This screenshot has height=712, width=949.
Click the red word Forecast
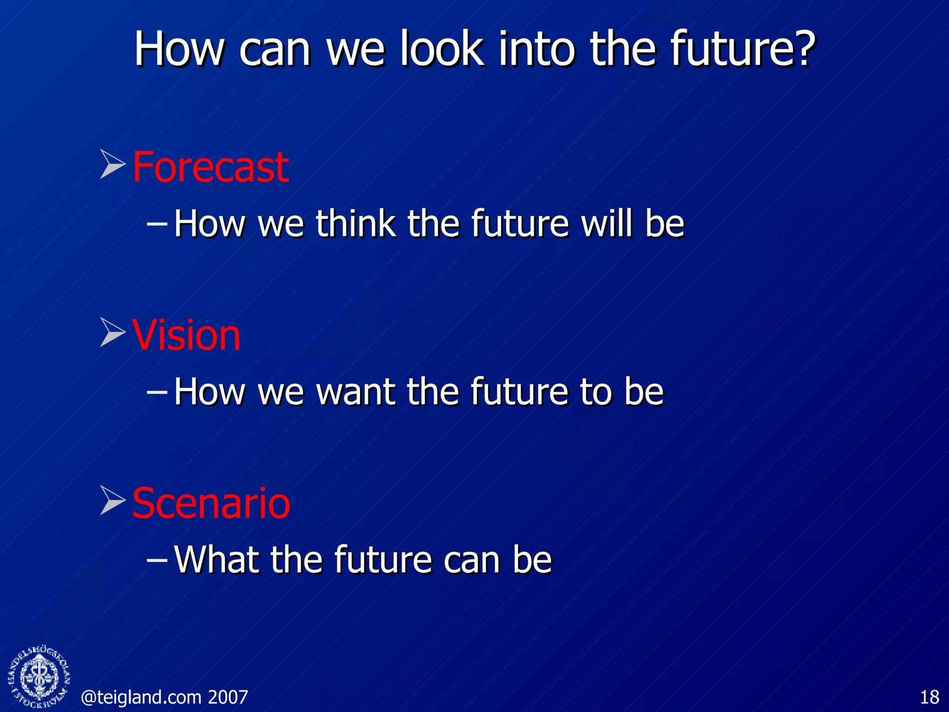[x=211, y=167]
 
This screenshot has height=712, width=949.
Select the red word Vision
[x=186, y=336]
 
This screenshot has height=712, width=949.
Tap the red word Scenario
[x=211, y=503]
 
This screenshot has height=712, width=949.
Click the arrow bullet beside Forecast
[x=113, y=164]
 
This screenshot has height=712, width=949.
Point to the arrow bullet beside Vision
[x=113, y=332]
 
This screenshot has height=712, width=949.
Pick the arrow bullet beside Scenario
[x=113, y=500]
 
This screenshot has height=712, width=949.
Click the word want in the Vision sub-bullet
[x=355, y=392]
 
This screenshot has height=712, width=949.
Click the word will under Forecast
[x=607, y=224]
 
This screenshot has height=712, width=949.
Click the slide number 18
[x=929, y=697]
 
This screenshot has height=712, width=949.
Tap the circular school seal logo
[x=39, y=677]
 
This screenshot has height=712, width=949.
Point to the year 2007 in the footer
[x=228, y=697]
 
